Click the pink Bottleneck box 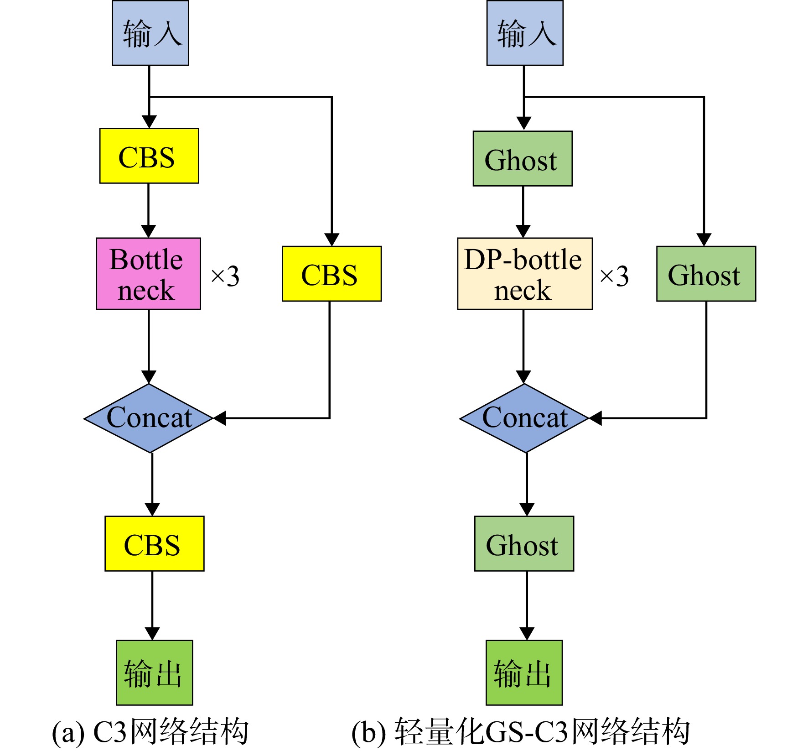(x=148, y=274)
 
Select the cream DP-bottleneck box (x=525, y=274)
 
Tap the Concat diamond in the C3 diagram (x=149, y=418)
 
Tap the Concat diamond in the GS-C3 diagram (x=524, y=418)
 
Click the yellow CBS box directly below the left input (x=149, y=156)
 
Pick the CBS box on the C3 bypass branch (x=331, y=274)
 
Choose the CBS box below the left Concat (x=155, y=543)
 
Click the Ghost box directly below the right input (x=523, y=159)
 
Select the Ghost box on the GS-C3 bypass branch (x=706, y=274)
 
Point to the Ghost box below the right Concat (x=524, y=543)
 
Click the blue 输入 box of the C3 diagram (x=150, y=33)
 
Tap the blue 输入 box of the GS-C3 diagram (x=525, y=33)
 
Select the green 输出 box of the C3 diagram (x=155, y=673)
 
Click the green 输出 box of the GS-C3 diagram (x=524, y=673)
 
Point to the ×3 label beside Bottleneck (x=225, y=276)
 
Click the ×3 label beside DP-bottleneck (x=614, y=276)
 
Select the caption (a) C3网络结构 (x=150, y=731)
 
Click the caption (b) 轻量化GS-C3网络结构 (x=520, y=731)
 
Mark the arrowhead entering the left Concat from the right (x=220, y=418)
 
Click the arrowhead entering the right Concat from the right (x=596, y=418)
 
